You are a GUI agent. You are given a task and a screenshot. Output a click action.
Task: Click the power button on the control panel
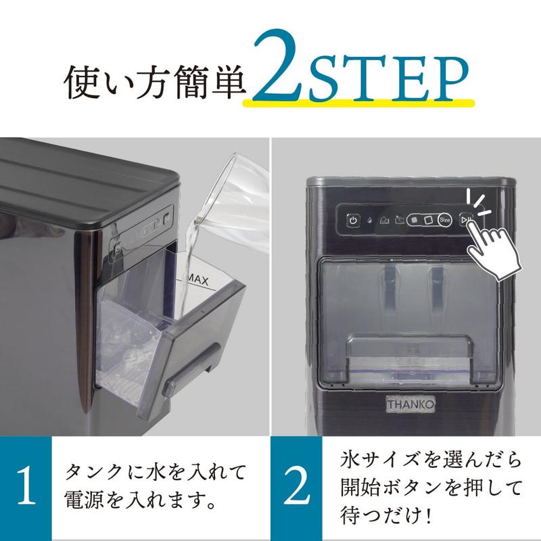tap(353, 220)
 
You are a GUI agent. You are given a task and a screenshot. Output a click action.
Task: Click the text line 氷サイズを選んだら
tap(429, 460)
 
